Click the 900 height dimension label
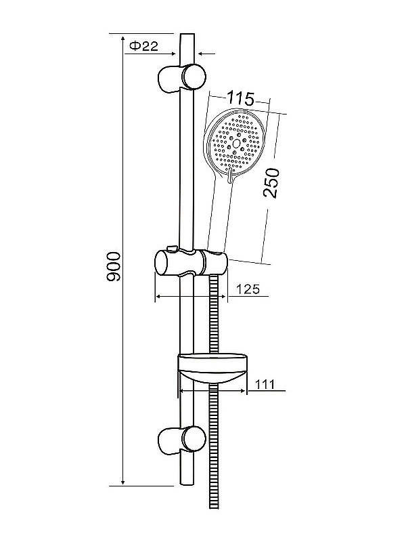pos(114,266)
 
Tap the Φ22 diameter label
pos(144,46)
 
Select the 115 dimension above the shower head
pos(241,98)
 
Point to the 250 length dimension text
pos(271,183)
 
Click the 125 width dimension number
pos(248,289)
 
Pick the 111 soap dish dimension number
pos(265,384)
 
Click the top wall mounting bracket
pos(181,78)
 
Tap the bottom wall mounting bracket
pos(181,439)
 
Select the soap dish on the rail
pos(213,369)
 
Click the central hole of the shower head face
pos(238,143)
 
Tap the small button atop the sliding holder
pos(172,248)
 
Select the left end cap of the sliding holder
pos(162,263)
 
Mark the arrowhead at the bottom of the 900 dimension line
pos(123,482)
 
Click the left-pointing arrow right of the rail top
pos(206,54)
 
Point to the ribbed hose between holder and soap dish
pos(214,314)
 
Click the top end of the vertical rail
pos(187,34)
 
